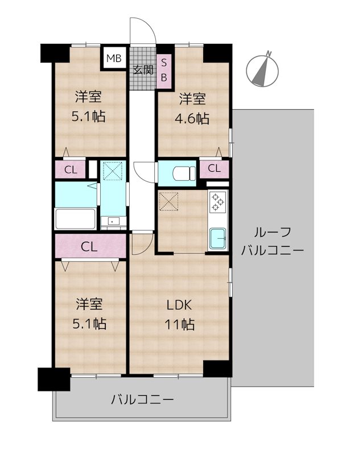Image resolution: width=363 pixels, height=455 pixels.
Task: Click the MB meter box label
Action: click(113, 58)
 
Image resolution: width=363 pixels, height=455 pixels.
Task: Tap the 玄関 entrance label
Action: click(143, 71)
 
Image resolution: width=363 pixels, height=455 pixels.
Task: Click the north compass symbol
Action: click(263, 69)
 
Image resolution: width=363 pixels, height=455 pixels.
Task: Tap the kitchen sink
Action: click(218, 238)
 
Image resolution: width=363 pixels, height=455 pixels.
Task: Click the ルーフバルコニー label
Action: click(273, 241)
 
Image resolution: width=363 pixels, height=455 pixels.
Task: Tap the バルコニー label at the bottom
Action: click(142, 399)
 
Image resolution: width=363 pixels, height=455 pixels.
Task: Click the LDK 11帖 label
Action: click(180, 315)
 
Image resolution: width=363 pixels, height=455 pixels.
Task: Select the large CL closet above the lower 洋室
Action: click(90, 246)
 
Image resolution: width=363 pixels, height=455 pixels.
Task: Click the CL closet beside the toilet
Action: click(214, 168)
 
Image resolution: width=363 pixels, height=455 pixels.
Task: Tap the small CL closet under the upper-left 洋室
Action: click(70, 169)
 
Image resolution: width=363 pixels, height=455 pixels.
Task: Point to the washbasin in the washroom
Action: click(113, 221)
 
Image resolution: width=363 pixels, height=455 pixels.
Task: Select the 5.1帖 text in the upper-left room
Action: click(88, 117)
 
